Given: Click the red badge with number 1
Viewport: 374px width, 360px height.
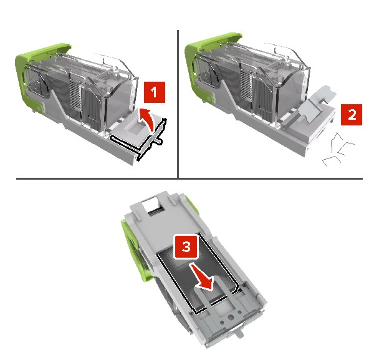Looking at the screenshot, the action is click(x=155, y=92).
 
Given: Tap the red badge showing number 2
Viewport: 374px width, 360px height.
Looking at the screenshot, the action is click(x=352, y=115).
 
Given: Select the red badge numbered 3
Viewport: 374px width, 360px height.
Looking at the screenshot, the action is click(x=186, y=246).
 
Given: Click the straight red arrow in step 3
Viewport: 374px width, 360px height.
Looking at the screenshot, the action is click(x=202, y=277).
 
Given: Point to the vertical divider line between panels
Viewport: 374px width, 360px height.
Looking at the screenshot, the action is click(x=178, y=104).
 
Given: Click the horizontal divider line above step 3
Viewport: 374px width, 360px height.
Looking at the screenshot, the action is click(x=189, y=178).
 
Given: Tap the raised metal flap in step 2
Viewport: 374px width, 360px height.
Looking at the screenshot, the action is click(x=316, y=103).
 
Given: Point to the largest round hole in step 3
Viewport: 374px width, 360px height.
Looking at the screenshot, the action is click(x=231, y=318).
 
